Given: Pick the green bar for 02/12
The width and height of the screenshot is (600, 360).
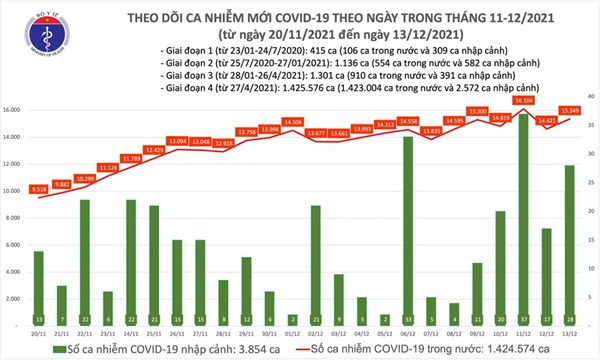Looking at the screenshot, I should click(x=315, y=260).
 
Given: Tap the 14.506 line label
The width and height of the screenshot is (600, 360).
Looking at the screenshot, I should click(x=293, y=122).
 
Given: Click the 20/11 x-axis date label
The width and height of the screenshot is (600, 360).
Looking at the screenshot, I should click(x=38, y=325).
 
